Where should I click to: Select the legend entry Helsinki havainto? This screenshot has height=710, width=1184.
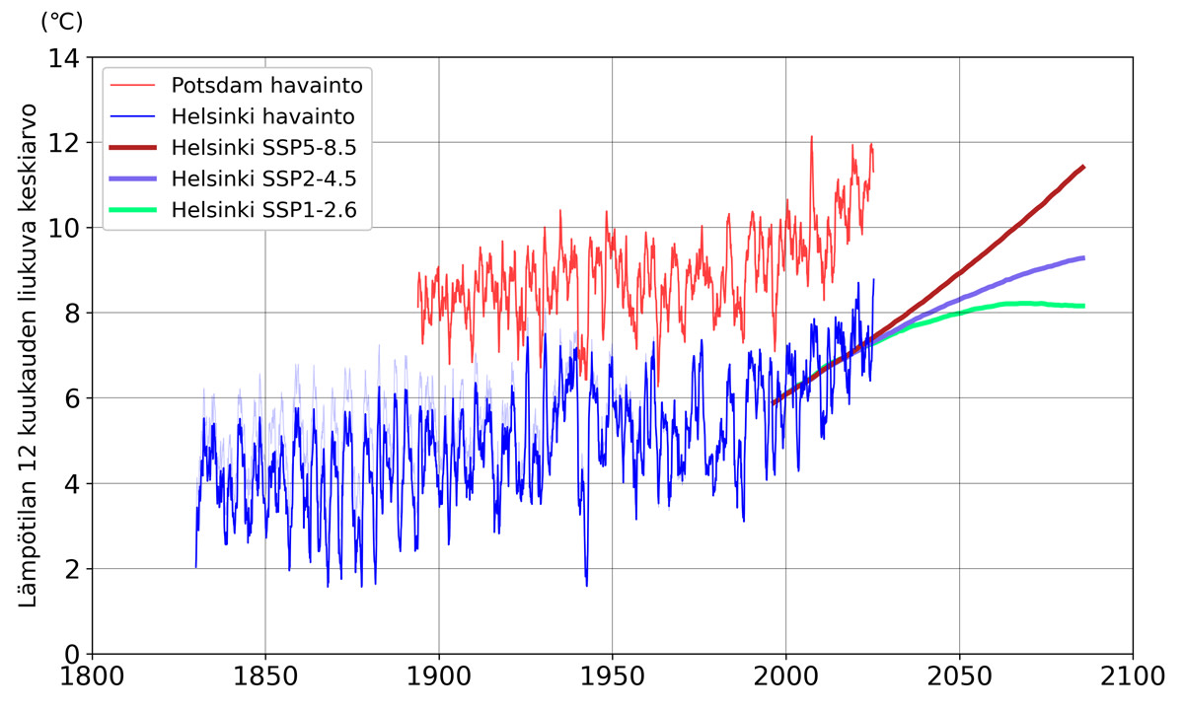click(262, 115)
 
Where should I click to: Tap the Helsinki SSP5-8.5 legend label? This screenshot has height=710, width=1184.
click(262, 148)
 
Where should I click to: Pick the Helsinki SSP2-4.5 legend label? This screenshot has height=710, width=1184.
click(262, 179)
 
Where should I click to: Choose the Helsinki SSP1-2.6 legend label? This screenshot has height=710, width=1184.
click(262, 211)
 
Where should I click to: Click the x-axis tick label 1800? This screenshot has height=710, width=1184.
click(92, 682)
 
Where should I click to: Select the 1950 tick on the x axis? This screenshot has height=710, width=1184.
click(612, 682)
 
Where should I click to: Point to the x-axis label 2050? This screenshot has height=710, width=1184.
click(959, 682)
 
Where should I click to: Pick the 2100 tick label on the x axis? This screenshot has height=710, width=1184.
click(1132, 682)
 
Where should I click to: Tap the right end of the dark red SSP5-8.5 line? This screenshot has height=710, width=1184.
click(1084, 167)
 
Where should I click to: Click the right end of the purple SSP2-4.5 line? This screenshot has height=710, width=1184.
click(1084, 257)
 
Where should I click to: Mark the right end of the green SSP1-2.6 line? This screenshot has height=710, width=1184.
click(1084, 306)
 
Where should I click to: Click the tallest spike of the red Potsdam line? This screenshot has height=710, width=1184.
click(811, 137)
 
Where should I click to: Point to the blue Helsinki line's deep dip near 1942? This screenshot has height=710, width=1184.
click(586, 585)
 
